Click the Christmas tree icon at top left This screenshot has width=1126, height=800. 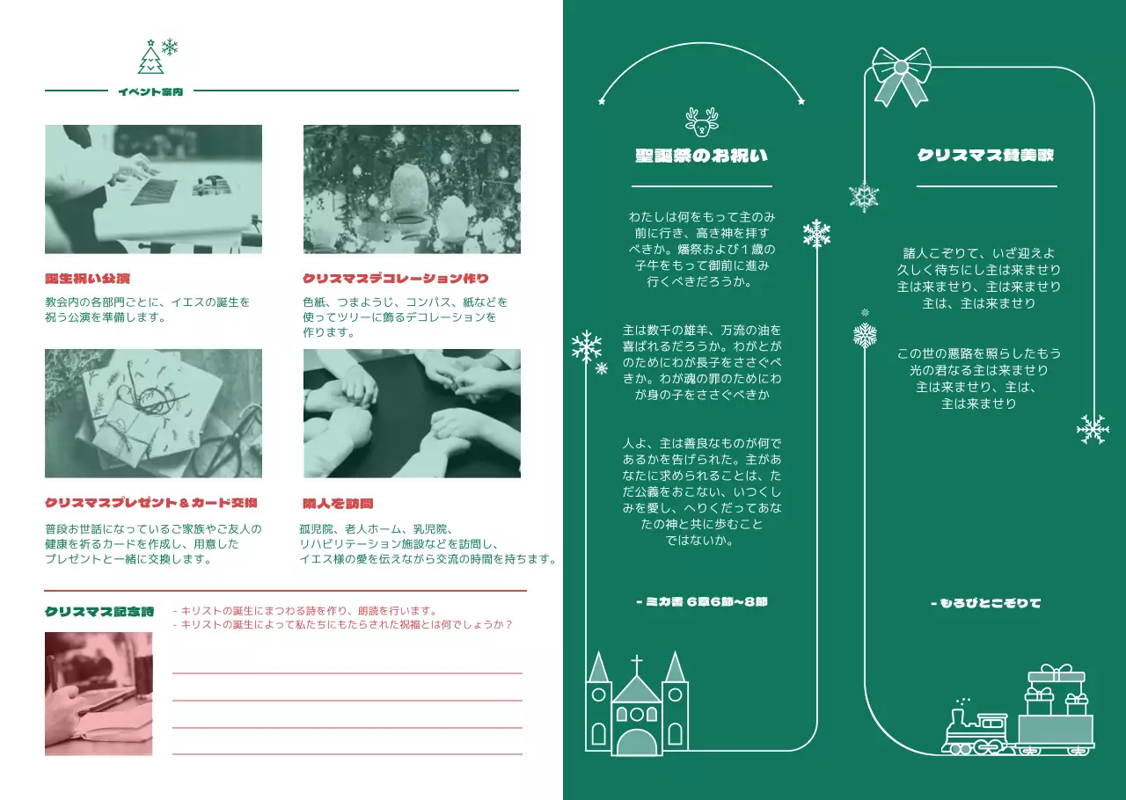[x=151, y=57]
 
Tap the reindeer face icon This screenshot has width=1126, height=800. [x=701, y=122]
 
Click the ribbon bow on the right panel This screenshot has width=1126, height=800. [x=901, y=74]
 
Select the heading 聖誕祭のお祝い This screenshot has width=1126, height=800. [x=701, y=156]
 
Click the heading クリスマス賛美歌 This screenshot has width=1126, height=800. [x=985, y=156]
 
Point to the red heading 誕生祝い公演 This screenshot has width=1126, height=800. [x=88, y=279]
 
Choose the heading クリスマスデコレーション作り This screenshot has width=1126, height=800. [x=396, y=279]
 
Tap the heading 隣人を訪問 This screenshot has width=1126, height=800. [x=338, y=504]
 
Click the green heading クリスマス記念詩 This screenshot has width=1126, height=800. [x=99, y=611]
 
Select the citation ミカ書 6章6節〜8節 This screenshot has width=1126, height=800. [x=701, y=602]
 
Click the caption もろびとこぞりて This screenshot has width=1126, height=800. [x=985, y=603]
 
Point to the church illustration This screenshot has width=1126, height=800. [x=637, y=708]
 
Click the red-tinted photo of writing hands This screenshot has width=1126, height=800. [x=99, y=694]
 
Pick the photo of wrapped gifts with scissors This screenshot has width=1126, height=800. [x=153, y=413]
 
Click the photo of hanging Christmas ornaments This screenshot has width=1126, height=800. [x=412, y=189]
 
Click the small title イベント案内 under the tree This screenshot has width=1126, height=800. [x=150, y=91]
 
